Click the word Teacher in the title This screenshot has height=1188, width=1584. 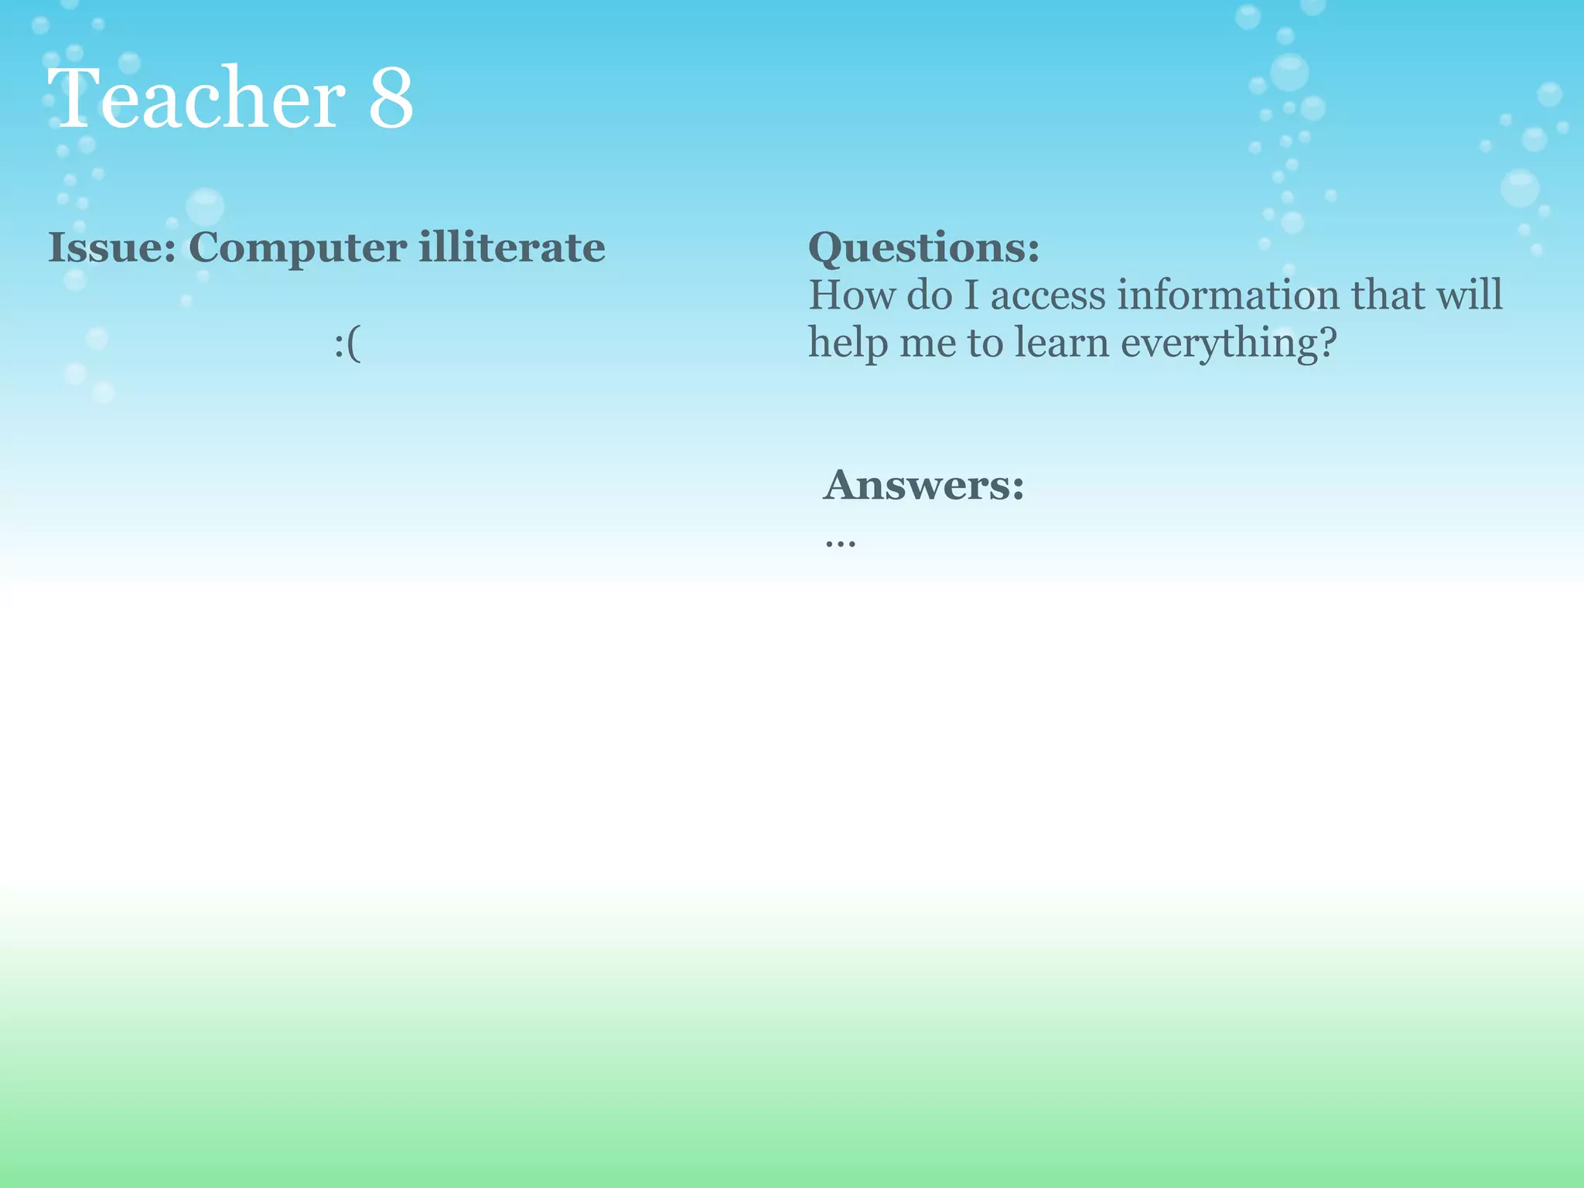click(200, 99)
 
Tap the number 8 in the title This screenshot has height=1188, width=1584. click(391, 99)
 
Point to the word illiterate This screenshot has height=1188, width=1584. click(512, 248)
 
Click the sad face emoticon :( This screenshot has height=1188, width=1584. click(347, 344)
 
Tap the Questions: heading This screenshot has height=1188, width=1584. click(923, 249)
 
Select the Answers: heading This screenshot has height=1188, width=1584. click(923, 486)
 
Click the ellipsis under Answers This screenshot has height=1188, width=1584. click(840, 542)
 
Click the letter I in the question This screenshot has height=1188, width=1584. click(971, 295)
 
